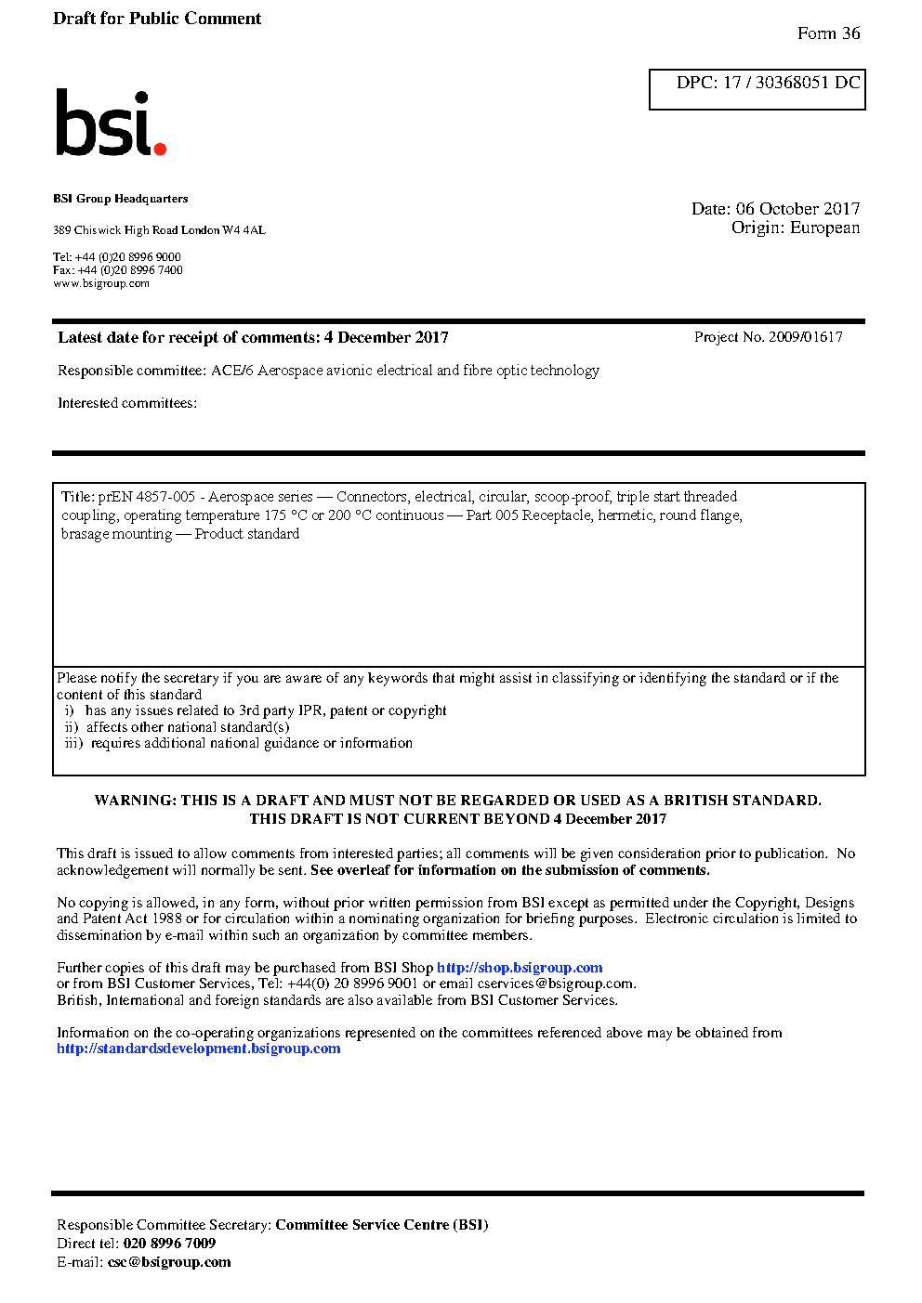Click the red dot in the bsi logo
point(160,148)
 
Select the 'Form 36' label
point(828,33)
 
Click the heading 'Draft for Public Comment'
point(157,19)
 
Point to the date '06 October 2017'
point(797,209)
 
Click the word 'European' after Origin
point(824,228)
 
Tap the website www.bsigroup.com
point(101,283)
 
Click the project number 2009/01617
point(805,337)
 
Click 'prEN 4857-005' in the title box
point(147,497)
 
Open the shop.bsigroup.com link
point(520,968)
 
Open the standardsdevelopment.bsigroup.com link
point(198,1049)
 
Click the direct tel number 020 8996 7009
point(169,1244)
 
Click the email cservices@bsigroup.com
point(556,984)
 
